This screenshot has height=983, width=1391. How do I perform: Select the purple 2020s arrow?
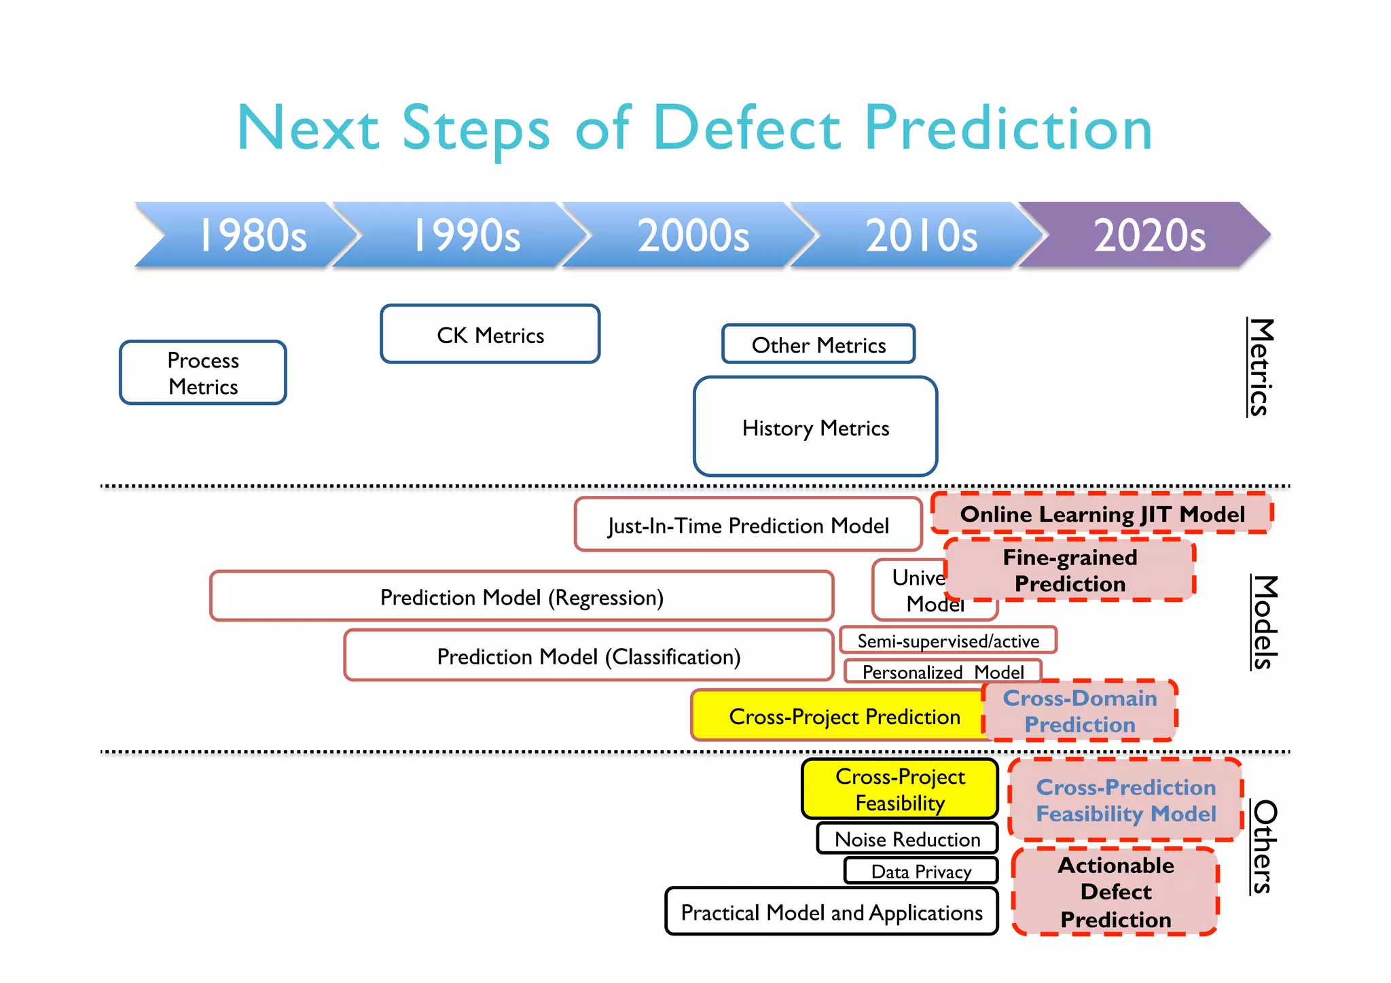pos(1148,235)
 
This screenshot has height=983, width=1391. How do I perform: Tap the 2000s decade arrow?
pos(693,235)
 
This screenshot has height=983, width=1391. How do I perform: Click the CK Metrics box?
pos(490,334)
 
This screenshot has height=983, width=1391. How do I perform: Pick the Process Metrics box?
pos(202,373)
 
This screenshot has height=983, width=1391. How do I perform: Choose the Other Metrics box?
pos(818,344)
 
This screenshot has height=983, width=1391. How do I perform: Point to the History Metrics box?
pos(815,427)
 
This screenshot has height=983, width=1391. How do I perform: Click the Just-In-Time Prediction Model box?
pos(747,525)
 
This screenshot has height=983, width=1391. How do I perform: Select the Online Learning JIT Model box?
pos(1101,514)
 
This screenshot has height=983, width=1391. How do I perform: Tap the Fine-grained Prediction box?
pos(1069,570)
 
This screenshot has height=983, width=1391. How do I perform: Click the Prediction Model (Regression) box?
pos(521,596)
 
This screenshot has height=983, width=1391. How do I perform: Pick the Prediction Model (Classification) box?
pos(588,656)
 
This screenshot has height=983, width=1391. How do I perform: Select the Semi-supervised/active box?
pos(947,641)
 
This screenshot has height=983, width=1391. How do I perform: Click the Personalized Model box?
pos(942,671)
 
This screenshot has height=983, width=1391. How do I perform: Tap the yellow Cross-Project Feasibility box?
pos(899,789)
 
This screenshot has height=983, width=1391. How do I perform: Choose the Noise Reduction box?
pos(907,838)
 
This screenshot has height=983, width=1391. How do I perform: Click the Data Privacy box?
pos(920,871)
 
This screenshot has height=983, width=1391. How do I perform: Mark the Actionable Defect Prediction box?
pos(1115,891)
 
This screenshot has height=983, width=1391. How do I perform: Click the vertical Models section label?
pos(1264,622)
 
